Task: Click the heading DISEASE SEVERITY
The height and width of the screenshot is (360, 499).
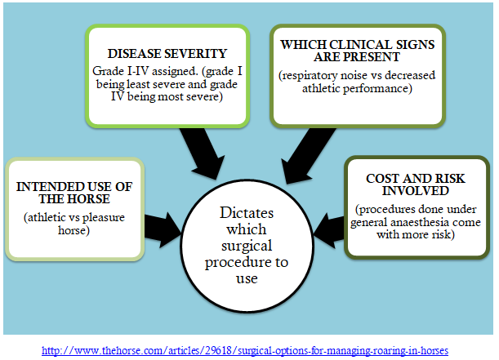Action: [x=167, y=53]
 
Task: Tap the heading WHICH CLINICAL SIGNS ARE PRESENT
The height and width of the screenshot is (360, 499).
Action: [x=358, y=51]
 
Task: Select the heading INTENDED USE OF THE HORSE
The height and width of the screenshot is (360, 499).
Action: [x=74, y=193]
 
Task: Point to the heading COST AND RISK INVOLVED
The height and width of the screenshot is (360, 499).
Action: [x=416, y=184]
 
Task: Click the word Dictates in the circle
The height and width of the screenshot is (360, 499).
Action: [x=247, y=213]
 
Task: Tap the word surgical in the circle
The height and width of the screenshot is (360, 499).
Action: [x=247, y=246]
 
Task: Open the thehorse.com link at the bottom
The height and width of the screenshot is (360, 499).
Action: [x=245, y=350]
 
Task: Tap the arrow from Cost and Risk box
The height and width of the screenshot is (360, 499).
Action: [x=329, y=230]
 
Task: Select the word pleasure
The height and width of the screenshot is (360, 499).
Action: [x=104, y=218]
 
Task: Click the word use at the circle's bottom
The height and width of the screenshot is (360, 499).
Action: [x=247, y=279]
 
